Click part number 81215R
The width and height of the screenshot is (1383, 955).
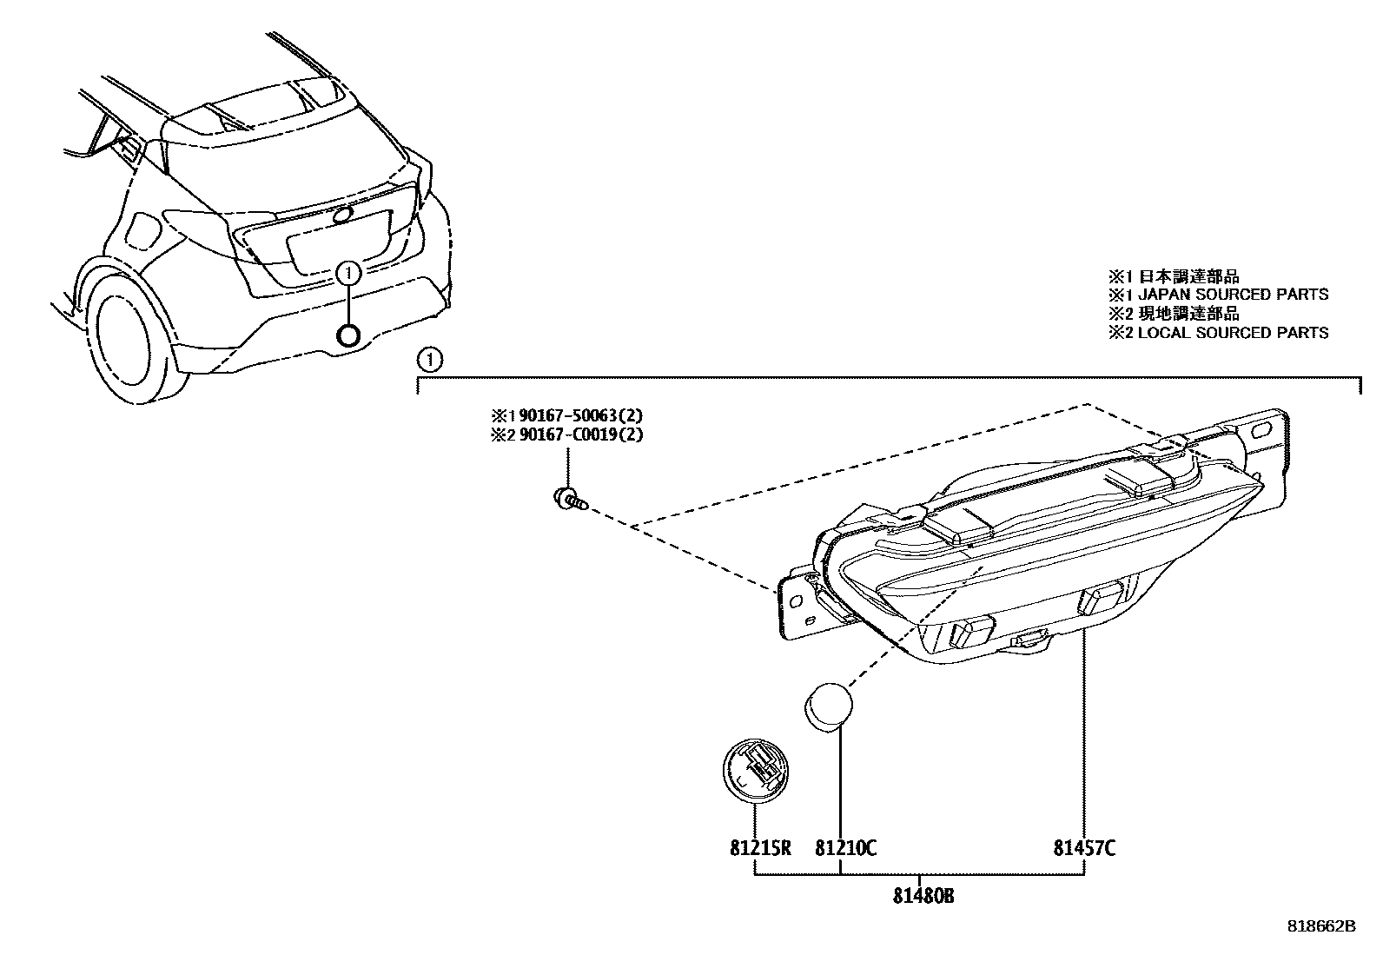coord(760,847)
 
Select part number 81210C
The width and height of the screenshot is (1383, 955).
coord(845,847)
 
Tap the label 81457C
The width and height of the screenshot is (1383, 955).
coord(1084,847)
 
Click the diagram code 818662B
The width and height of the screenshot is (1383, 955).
coord(1320,926)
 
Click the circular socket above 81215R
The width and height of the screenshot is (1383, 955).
coord(755,766)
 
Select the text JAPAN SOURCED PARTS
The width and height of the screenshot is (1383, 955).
coord(1233,295)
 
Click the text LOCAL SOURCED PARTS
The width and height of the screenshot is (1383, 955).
coord(1233,333)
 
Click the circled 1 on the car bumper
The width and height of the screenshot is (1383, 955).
coord(347,274)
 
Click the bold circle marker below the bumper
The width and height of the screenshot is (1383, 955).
coord(348,336)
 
